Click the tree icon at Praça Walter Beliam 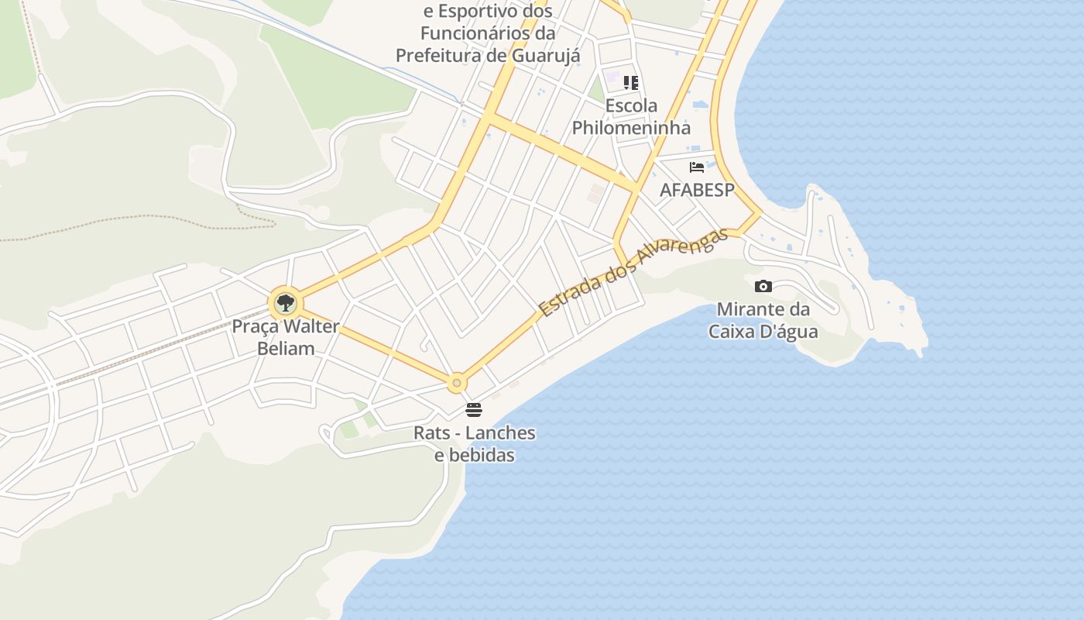pyautogui.click(x=285, y=302)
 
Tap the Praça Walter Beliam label pyautogui.click(x=286, y=337)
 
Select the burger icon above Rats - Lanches pyautogui.click(x=474, y=409)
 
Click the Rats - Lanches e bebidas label pyautogui.click(x=474, y=443)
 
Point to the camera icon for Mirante pyautogui.click(x=763, y=286)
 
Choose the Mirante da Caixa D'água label pyautogui.click(x=763, y=320)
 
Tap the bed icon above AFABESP pyautogui.click(x=697, y=167)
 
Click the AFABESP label pyautogui.click(x=696, y=190)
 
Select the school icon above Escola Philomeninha pyautogui.click(x=631, y=82)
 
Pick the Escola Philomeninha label pyautogui.click(x=631, y=116)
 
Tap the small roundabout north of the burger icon pyautogui.click(x=458, y=382)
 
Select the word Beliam pyautogui.click(x=286, y=348)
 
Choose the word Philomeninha pyautogui.click(x=631, y=127)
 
